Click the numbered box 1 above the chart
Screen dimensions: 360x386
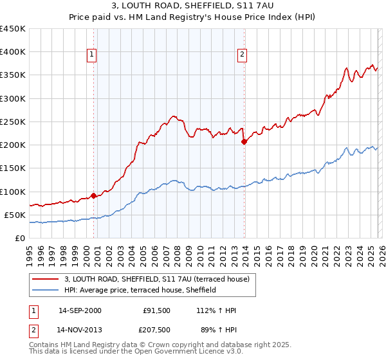click(93, 55)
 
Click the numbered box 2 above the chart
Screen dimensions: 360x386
click(243, 55)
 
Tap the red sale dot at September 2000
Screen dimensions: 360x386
click(93, 195)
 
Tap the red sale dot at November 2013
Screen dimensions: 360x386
click(244, 141)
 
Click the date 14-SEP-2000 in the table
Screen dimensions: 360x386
click(80, 310)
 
